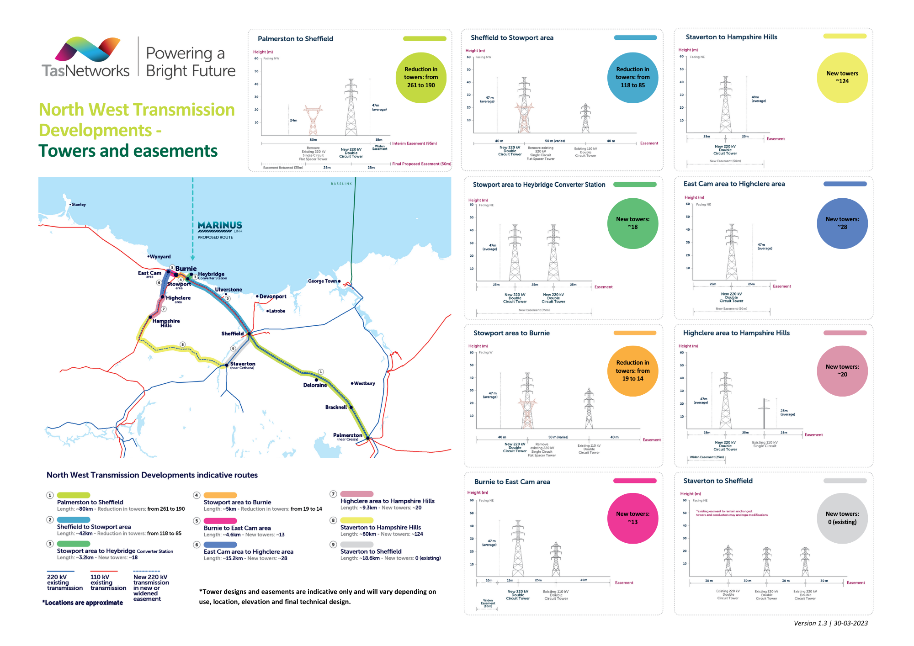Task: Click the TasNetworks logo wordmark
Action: [x=86, y=71]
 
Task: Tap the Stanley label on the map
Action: [x=78, y=205]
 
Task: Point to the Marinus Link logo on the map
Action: [x=220, y=226]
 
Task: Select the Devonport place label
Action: [x=272, y=297]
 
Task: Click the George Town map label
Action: [x=322, y=281]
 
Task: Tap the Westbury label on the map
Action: [x=364, y=383]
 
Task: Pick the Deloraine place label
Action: [x=315, y=385]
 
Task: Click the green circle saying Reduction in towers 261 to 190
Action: [x=421, y=77]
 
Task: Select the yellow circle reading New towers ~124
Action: [x=842, y=77]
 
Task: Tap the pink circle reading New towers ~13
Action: [x=632, y=518]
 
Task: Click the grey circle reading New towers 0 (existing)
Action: [x=842, y=518]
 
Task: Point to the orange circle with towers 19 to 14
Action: [x=632, y=371]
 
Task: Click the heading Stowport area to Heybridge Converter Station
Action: [x=539, y=185]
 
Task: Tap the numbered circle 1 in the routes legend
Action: [x=50, y=495]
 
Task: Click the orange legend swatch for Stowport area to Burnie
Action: [x=220, y=495]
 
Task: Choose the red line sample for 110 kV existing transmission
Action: [x=104, y=571]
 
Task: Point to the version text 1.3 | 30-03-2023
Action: [x=830, y=623]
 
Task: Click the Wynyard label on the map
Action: [x=160, y=257]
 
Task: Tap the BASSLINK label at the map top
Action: [x=341, y=184]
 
